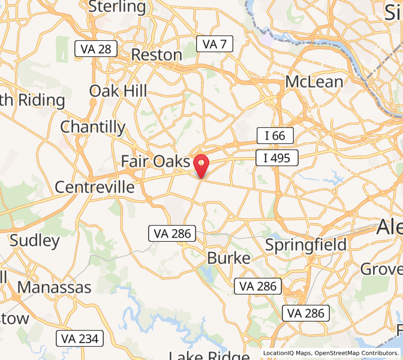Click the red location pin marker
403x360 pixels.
(x=201, y=164)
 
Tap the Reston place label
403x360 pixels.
(x=156, y=55)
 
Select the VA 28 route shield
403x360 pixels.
(x=95, y=49)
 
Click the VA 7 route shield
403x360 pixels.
(x=215, y=44)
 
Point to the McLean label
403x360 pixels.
(x=314, y=82)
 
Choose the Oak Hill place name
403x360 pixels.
(x=118, y=91)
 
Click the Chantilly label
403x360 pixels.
(x=93, y=127)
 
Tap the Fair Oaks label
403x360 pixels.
(x=155, y=161)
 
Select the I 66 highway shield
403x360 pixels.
(x=275, y=136)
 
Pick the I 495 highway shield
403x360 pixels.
(x=276, y=158)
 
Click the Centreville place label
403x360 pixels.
(x=95, y=187)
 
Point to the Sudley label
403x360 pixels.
(x=35, y=241)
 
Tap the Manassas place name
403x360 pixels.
(x=54, y=287)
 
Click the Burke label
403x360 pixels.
(x=228, y=258)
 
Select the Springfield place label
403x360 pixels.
(x=306, y=245)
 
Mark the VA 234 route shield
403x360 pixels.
(x=80, y=338)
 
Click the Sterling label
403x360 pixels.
(x=117, y=7)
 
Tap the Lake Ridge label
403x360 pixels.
(x=209, y=355)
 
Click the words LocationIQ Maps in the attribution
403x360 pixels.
(x=287, y=353)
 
